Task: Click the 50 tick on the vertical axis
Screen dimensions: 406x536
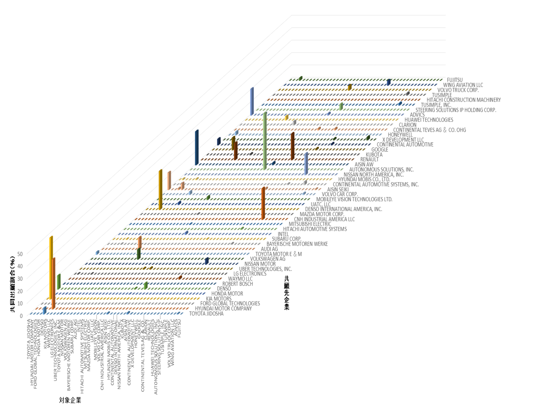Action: point(20,254)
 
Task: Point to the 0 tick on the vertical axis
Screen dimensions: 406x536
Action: point(21,316)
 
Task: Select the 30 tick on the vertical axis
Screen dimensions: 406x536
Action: point(20,279)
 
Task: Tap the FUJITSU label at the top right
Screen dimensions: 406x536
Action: point(455,80)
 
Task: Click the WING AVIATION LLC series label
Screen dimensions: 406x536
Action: point(463,85)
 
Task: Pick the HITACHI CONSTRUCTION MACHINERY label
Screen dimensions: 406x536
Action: point(464,100)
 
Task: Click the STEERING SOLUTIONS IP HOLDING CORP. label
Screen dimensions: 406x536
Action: point(456,110)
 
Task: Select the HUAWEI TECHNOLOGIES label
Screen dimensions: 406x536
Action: point(429,120)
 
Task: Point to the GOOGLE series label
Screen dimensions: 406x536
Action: point(379,150)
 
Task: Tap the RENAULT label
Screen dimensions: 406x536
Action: point(369,159)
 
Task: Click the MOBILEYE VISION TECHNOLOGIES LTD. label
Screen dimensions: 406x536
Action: point(354,199)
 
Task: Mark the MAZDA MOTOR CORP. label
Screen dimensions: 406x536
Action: point(322,214)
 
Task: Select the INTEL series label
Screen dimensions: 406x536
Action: point(283,234)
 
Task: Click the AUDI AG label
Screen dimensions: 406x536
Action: point(269,249)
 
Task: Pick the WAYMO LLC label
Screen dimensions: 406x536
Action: point(240,279)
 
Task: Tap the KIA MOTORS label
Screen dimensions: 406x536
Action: point(219,299)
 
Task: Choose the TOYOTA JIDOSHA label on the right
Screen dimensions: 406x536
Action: point(206,313)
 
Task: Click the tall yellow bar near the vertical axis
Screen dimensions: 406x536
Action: point(51,267)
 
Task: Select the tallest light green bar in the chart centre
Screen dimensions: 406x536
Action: point(265,141)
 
